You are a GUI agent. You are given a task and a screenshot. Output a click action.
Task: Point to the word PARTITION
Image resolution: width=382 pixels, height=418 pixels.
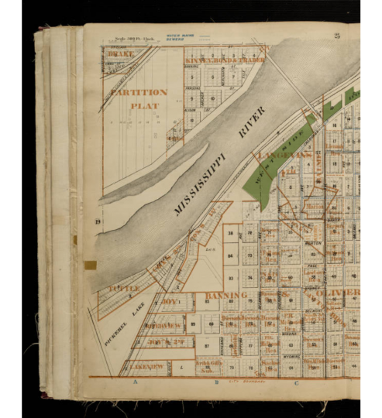[139, 92]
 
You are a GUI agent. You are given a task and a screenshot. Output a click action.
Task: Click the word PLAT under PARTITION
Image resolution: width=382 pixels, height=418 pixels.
[144, 105]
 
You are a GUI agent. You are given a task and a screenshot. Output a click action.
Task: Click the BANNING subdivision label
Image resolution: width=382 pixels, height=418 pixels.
[225, 295]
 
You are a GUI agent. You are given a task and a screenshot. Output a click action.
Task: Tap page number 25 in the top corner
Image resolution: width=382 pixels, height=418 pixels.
[337, 36]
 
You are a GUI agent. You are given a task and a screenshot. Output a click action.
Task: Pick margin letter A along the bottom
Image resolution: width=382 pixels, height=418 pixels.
[135, 382]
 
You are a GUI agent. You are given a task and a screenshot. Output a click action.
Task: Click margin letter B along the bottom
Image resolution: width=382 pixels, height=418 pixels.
[218, 382]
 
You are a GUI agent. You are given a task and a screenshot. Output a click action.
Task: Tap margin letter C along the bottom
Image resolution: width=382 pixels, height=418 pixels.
[295, 382]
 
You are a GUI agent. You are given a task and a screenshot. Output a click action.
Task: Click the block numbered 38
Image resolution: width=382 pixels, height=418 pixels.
[230, 233]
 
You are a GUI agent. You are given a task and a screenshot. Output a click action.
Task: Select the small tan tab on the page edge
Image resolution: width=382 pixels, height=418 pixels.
[90, 265]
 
